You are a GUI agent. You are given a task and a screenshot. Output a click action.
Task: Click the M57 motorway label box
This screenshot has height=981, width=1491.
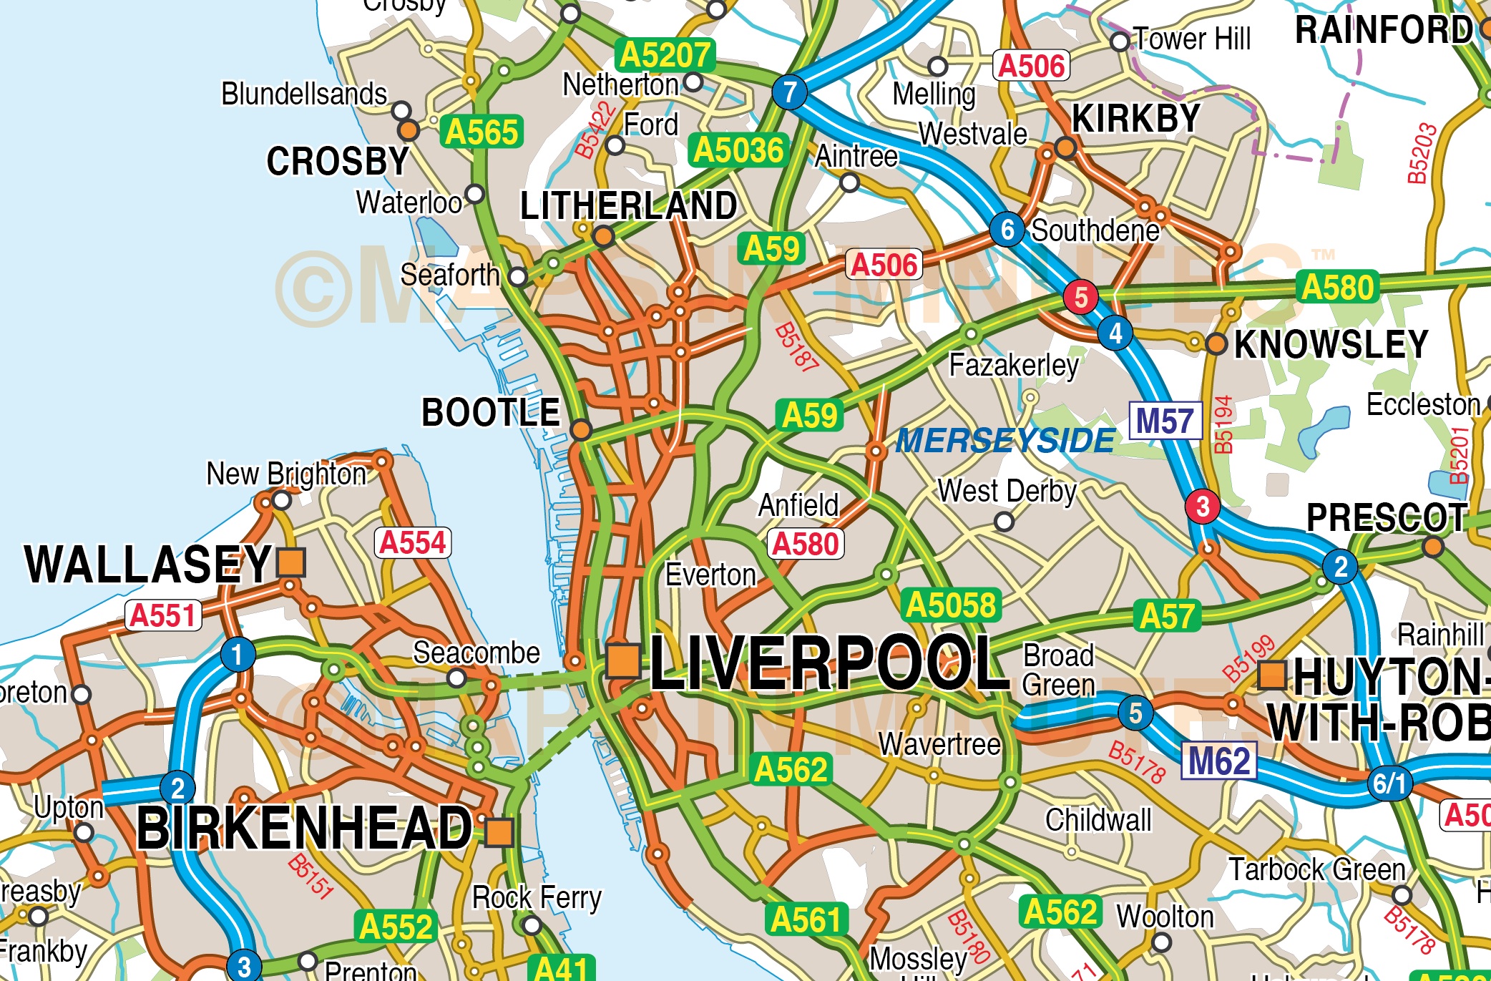[x=1165, y=421]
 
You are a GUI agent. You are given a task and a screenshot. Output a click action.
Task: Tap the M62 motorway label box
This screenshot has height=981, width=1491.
[x=1219, y=761]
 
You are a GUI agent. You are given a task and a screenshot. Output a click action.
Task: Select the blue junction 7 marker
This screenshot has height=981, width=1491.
[x=789, y=92]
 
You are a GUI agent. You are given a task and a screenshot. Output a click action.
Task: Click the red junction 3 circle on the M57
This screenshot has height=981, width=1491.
[x=1203, y=506]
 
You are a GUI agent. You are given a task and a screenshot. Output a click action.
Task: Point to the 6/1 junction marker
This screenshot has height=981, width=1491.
[x=1389, y=783]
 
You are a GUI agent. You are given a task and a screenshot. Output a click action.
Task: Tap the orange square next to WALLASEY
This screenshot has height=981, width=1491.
[x=291, y=562]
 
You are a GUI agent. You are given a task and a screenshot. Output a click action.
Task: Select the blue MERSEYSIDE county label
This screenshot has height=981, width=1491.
[x=1005, y=441]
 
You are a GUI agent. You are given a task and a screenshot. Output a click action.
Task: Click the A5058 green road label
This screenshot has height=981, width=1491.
[x=951, y=605]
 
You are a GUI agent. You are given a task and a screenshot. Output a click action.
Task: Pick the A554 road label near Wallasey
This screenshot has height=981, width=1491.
[x=413, y=542]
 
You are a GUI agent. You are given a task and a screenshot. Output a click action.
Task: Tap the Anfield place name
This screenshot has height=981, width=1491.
[x=798, y=505]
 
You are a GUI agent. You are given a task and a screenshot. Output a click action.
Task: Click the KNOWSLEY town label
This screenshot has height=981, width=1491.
[x=1331, y=344]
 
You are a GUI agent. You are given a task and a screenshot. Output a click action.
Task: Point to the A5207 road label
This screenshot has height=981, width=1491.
[x=665, y=55]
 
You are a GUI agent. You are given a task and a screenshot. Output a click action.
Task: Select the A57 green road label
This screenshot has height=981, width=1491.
[x=1167, y=616]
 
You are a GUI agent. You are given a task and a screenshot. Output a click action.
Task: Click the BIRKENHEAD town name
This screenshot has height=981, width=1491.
[x=305, y=828]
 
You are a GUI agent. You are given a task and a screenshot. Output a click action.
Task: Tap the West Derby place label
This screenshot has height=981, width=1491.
[x=1007, y=492]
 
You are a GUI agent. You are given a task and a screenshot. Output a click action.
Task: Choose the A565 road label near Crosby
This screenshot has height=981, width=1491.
[x=481, y=132]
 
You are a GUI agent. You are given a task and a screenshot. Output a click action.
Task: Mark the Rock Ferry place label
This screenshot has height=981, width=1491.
[x=537, y=897]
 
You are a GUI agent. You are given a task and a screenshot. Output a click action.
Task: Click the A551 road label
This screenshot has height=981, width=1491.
[x=163, y=615]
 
